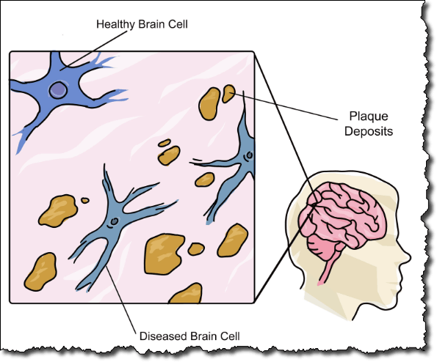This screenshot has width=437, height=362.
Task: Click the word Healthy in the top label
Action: pos(115,24)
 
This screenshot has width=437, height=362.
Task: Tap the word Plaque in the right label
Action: pos(369,117)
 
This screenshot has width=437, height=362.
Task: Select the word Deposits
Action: pos(369,131)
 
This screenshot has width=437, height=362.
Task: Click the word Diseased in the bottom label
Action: pos(162,336)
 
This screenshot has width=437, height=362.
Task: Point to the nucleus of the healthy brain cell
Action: pos(58,90)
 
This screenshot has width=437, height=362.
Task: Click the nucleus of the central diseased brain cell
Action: pos(115,221)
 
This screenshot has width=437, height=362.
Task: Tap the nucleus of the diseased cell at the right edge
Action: pos(249,155)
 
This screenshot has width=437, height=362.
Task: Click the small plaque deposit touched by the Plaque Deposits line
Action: pos(228,94)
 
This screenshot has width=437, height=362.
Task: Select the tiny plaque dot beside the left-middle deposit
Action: pos(85,200)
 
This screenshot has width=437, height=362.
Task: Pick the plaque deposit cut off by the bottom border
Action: pos(186,294)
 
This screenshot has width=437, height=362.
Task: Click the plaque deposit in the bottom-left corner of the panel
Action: pos(40,272)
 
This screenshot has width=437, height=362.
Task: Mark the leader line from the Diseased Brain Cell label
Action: pos(120,299)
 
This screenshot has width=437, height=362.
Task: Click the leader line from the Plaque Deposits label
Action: pos(285,107)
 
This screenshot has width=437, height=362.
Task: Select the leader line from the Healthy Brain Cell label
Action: pos(94,49)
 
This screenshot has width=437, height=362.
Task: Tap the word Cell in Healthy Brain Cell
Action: pos(178,24)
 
